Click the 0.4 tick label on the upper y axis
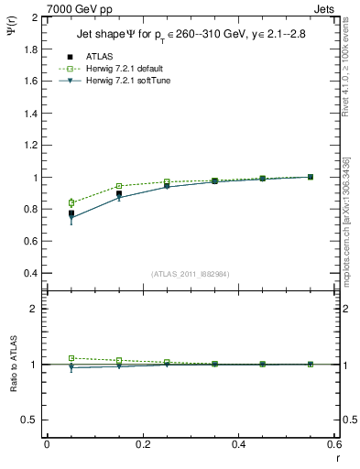coord(31,274)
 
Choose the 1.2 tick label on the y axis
coord(31,146)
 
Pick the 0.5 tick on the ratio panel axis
coord(31,420)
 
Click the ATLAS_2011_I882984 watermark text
coord(191,274)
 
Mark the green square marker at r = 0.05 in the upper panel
coord(71,202)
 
